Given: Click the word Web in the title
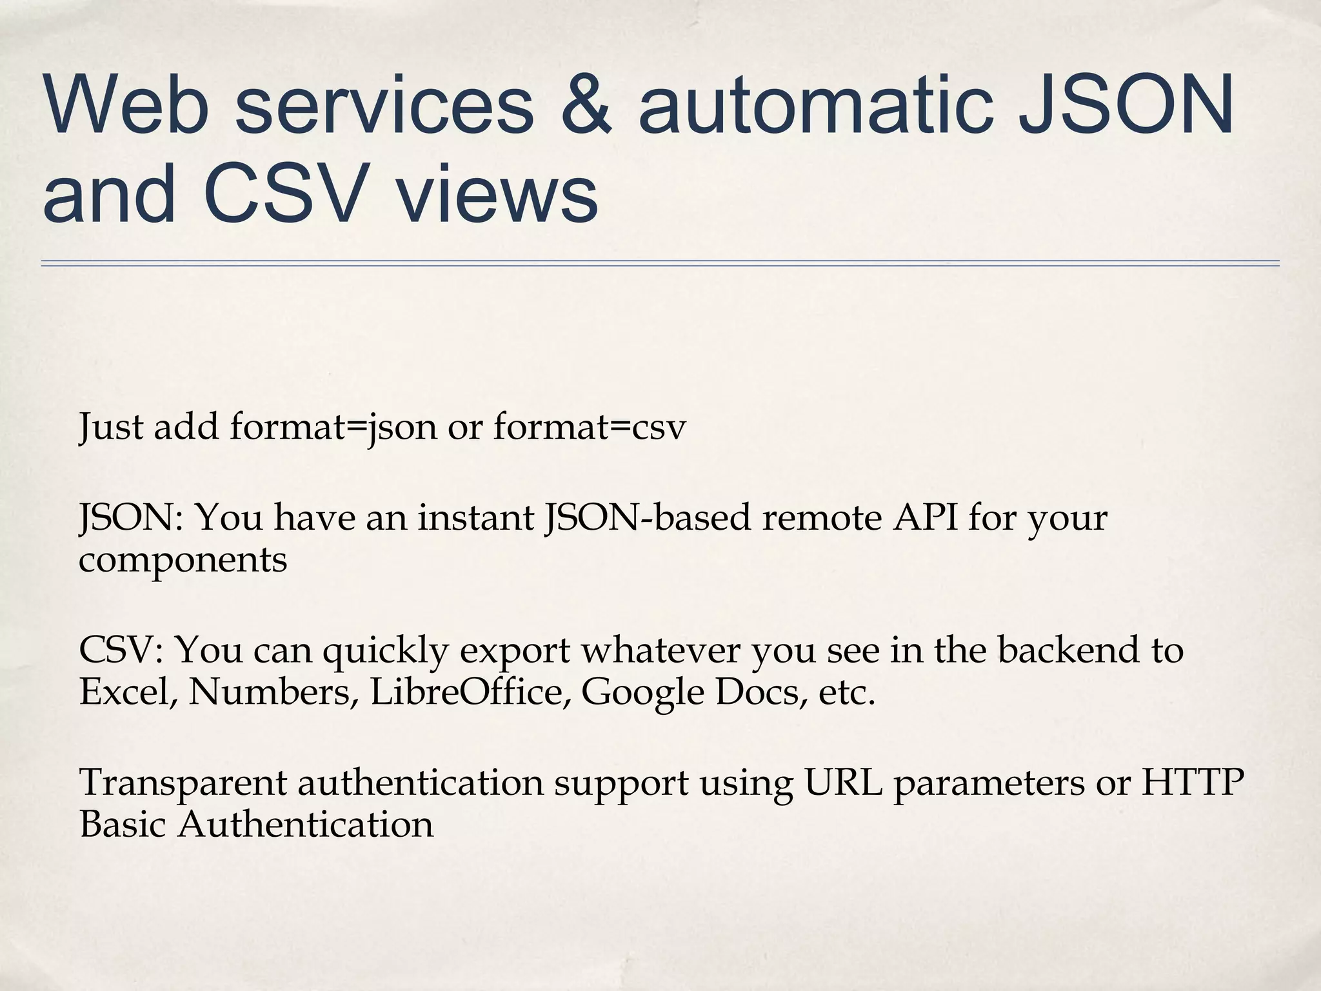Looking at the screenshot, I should [x=126, y=105].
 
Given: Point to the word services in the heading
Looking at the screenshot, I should [x=384, y=105].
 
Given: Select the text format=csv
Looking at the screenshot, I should [x=590, y=427].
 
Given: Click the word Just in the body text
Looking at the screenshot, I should [x=110, y=427].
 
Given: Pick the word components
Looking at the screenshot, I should [x=183, y=559].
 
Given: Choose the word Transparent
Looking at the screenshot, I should [x=183, y=782].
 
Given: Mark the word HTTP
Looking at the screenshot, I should [x=1193, y=782].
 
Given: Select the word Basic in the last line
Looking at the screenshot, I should [x=123, y=825].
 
